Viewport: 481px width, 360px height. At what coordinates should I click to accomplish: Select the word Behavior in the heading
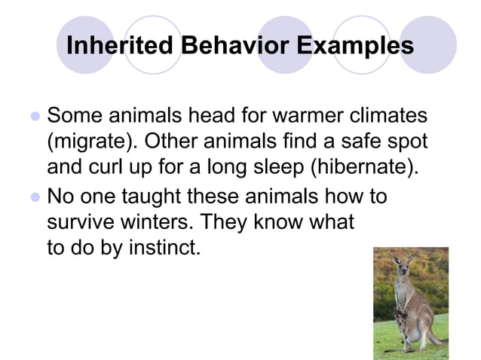[225, 45]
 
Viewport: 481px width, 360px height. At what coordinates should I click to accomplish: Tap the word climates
[384, 117]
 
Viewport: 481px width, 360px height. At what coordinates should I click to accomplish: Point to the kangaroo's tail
[433, 341]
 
